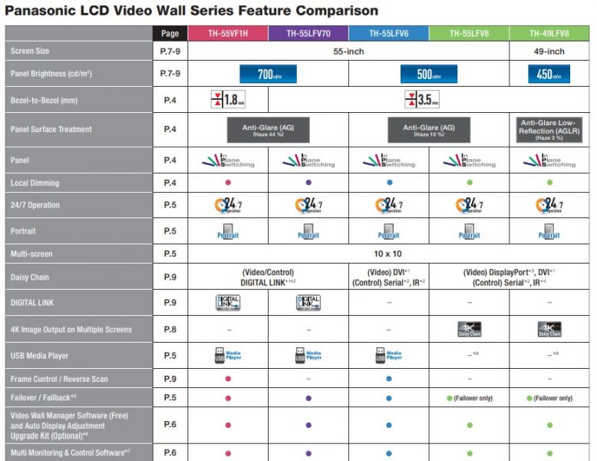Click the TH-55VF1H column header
pos(228,34)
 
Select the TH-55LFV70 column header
pos(308,34)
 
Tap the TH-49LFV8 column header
pos(549,34)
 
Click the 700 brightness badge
pos(268,75)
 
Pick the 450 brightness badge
pos(549,75)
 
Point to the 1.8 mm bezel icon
pos(228,100)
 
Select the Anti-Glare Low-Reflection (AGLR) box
pos(549,129)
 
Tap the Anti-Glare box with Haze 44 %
pos(268,129)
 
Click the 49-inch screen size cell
pos(549,51)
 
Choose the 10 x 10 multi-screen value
pos(388,253)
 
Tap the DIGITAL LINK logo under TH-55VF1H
pos(228,303)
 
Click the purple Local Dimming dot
pos(308,183)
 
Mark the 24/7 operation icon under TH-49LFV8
pos(549,205)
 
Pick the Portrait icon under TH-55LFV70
pos(308,231)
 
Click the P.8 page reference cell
pos(170,330)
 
